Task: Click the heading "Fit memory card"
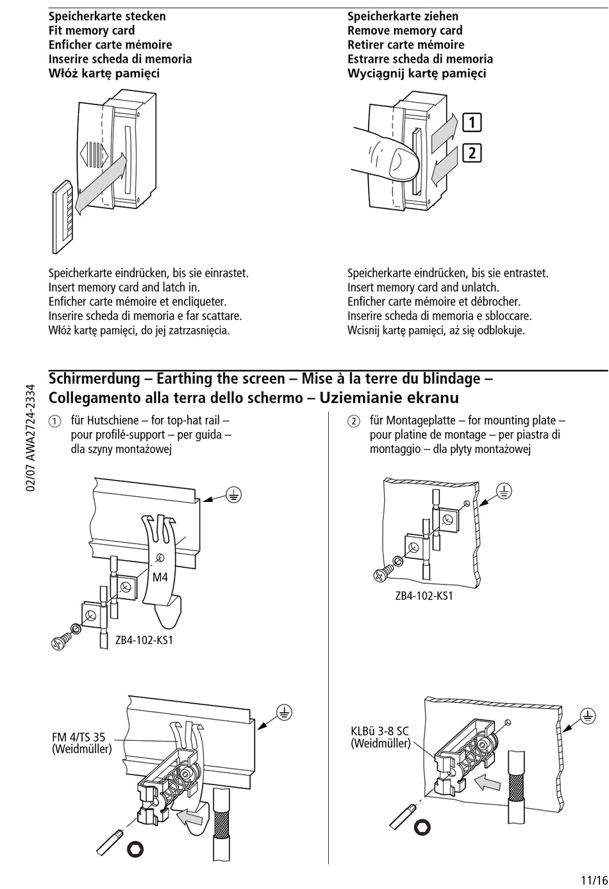(x=92, y=30)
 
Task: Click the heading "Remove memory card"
(x=405, y=30)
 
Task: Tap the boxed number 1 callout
(x=472, y=122)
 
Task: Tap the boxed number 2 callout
(x=472, y=153)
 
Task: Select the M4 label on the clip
(x=160, y=577)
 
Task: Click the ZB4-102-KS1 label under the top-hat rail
(x=144, y=640)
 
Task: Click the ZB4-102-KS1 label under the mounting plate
(x=424, y=595)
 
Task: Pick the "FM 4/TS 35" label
(x=79, y=737)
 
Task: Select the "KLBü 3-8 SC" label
(x=380, y=731)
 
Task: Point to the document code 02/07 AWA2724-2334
(x=31, y=438)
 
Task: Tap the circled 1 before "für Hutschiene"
(x=55, y=422)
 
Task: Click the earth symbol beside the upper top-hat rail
(x=235, y=495)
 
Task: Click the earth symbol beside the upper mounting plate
(x=505, y=492)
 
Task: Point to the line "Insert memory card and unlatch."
(x=423, y=287)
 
